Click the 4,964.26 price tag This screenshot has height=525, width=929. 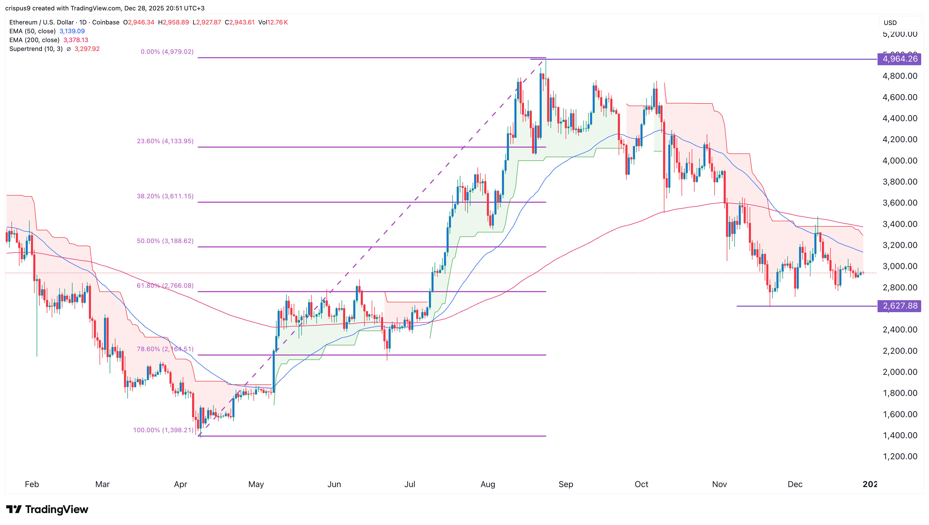click(899, 59)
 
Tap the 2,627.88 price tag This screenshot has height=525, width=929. click(899, 306)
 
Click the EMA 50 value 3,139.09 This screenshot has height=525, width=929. click(72, 31)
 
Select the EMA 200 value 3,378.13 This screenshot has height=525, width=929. click(76, 40)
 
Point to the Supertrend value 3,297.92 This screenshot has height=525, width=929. click(87, 49)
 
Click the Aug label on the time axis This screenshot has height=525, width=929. click(488, 484)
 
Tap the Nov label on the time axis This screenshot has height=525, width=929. click(719, 484)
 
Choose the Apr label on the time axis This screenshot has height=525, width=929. click(180, 484)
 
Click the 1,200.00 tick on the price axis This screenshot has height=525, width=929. click(900, 456)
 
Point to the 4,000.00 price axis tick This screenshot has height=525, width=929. click(900, 160)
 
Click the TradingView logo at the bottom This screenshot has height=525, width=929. click(47, 509)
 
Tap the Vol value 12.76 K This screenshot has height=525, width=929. click(277, 22)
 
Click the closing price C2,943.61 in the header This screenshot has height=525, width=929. click(239, 22)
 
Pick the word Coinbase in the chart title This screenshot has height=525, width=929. click(106, 22)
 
